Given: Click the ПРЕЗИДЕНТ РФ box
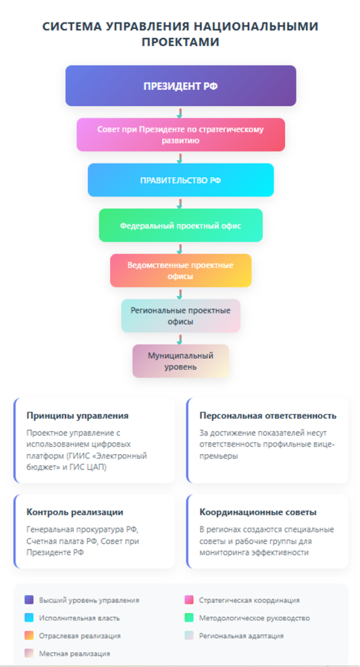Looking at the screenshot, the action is pos(180,85).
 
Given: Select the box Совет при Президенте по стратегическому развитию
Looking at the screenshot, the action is pos(180,134).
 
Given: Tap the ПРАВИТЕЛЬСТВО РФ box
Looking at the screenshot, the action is pos(180,180).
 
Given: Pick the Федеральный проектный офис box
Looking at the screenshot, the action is pos(180,225).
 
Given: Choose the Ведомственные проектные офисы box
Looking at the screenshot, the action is pos(180,270).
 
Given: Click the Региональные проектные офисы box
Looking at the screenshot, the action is pos(180,316).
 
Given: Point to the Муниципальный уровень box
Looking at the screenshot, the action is pos(180,361).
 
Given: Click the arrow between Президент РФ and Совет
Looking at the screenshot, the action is pos(180,113).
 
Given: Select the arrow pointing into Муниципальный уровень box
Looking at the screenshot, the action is pos(180,339).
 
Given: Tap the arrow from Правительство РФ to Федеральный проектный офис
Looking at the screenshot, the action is pos(180,203).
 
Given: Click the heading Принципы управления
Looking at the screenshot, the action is pos(77,416).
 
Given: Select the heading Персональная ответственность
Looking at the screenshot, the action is pos(268,416).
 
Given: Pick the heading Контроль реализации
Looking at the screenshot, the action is pos(75,512).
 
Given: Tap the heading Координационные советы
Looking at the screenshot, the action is pos(258,512).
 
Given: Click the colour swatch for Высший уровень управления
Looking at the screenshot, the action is pos(29,600).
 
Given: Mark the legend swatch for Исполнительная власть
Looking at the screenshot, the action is pos(29,617).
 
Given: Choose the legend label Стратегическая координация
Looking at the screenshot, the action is pos(249,600).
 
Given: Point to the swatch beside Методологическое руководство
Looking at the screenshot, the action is pos(189,617).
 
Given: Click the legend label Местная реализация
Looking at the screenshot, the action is pos(74,653).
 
